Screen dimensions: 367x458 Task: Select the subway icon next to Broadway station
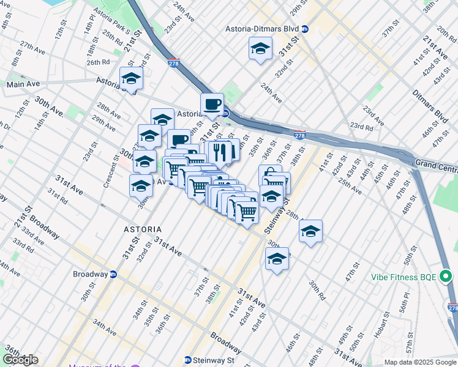coord(113,274)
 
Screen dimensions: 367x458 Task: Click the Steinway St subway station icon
coord(188,360)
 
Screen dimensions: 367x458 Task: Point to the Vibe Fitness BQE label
coord(404,276)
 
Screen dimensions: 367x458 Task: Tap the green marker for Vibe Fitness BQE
coord(446,276)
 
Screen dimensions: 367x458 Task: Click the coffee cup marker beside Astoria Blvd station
coord(212,105)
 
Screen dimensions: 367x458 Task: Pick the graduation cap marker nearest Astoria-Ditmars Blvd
coord(260,49)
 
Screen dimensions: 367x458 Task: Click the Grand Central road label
coord(436,163)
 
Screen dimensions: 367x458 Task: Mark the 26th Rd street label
coord(98,62)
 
